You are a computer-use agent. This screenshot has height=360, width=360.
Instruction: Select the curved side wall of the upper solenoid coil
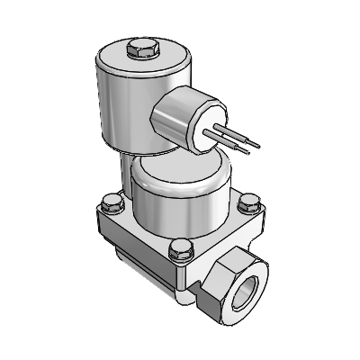(117, 108)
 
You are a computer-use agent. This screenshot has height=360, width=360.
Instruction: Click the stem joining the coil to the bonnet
(126, 166)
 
